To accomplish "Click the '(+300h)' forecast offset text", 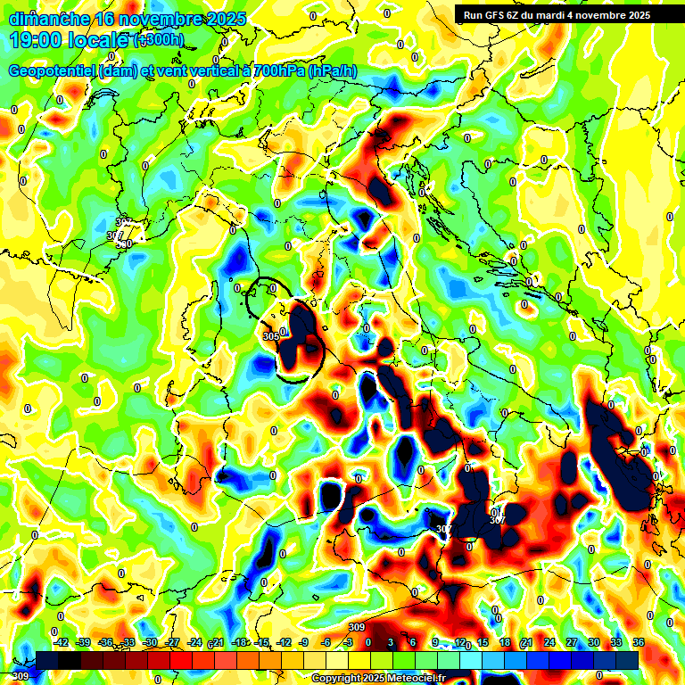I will click(x=158, y=40).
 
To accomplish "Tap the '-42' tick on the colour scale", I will click(x=61, y=642).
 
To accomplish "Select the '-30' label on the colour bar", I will click(x=150, y=642).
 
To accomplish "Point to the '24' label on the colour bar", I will click(x=549, y=642).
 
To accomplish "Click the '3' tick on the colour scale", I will click(x=391, y=642).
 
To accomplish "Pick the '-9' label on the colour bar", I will click(x=303, y=642).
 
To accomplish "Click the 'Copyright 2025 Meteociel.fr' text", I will click(x=378, y=678).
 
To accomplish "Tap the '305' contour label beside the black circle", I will click(x=272, y=336).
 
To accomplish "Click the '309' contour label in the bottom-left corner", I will click(x=21, y=677).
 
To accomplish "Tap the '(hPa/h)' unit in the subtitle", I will click(x=333, y=71).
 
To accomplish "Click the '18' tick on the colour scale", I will click(x=505, y=642).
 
